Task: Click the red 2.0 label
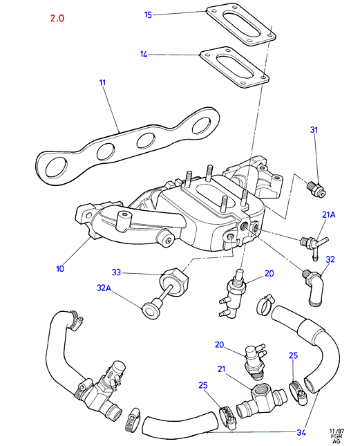pos(57,18)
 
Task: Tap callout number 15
pos(149,15)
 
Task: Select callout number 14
pos(144,54)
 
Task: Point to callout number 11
pos(102,82)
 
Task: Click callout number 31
pos(314,130)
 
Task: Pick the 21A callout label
pos(329,215)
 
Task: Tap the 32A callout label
pos(104,288)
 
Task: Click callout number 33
pos(116,272)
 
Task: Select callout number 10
pos(60,268)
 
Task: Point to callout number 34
pos(301,432)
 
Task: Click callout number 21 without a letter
pos(221,369)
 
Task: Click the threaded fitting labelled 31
pos(316,189)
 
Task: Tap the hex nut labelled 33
pos(174,281)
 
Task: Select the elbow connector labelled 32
pos(314,287)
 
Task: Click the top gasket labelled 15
pos(240,24)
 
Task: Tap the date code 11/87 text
pos(337,431)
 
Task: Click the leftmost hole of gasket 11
pos(56,167)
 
